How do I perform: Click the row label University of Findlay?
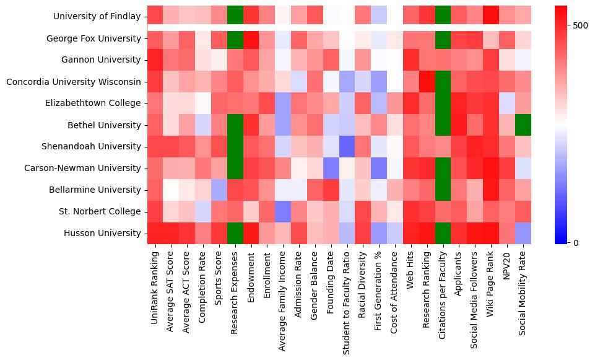[x=97, y=17]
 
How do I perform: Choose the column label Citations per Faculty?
[x=443, y=288]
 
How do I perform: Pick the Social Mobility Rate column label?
[x=523, y=288]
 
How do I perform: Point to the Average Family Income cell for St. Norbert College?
[x=282, y=211]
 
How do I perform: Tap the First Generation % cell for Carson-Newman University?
[x=379, y=168]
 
